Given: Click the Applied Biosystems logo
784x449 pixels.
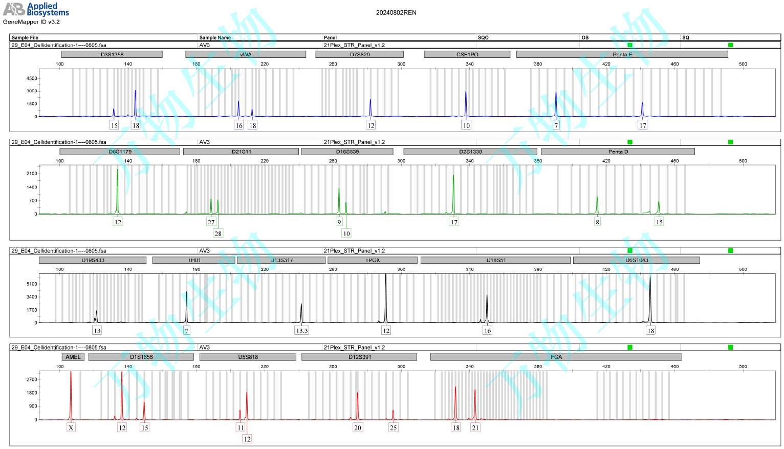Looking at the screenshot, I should tap(36, 9).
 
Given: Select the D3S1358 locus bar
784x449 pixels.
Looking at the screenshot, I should tap(112, 54).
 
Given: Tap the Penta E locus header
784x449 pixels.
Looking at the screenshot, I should tap(622, 54).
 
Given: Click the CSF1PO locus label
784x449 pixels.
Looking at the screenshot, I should tap(467, 54).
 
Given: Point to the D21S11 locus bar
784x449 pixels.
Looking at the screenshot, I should tap(241, 152).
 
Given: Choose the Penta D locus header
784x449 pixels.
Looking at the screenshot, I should tap(618, 152).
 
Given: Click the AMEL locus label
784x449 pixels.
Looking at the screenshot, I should tap(73, 357).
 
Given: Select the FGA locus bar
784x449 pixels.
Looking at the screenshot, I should tap(556, 357).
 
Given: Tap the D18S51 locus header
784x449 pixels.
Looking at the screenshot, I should tap(495, 260).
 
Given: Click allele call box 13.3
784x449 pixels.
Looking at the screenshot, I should tap(302, 331).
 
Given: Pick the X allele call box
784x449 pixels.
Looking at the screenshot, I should tap(71, 428).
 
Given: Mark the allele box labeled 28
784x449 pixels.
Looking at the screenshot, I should tap(218, 233).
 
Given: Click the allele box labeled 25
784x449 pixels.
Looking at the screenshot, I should tap(393, 428).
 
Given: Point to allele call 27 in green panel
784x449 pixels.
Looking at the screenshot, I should tap(211, 222).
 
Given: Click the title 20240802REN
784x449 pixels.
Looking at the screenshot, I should tap(396, 13).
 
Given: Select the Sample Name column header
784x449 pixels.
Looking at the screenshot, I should tap(215, 37).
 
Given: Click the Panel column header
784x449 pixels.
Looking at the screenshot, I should tap(330, 37).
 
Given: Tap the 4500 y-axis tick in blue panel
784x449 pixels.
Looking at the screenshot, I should tap(32, 78).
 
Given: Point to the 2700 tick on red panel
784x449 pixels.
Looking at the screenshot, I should tap(32, 379).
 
